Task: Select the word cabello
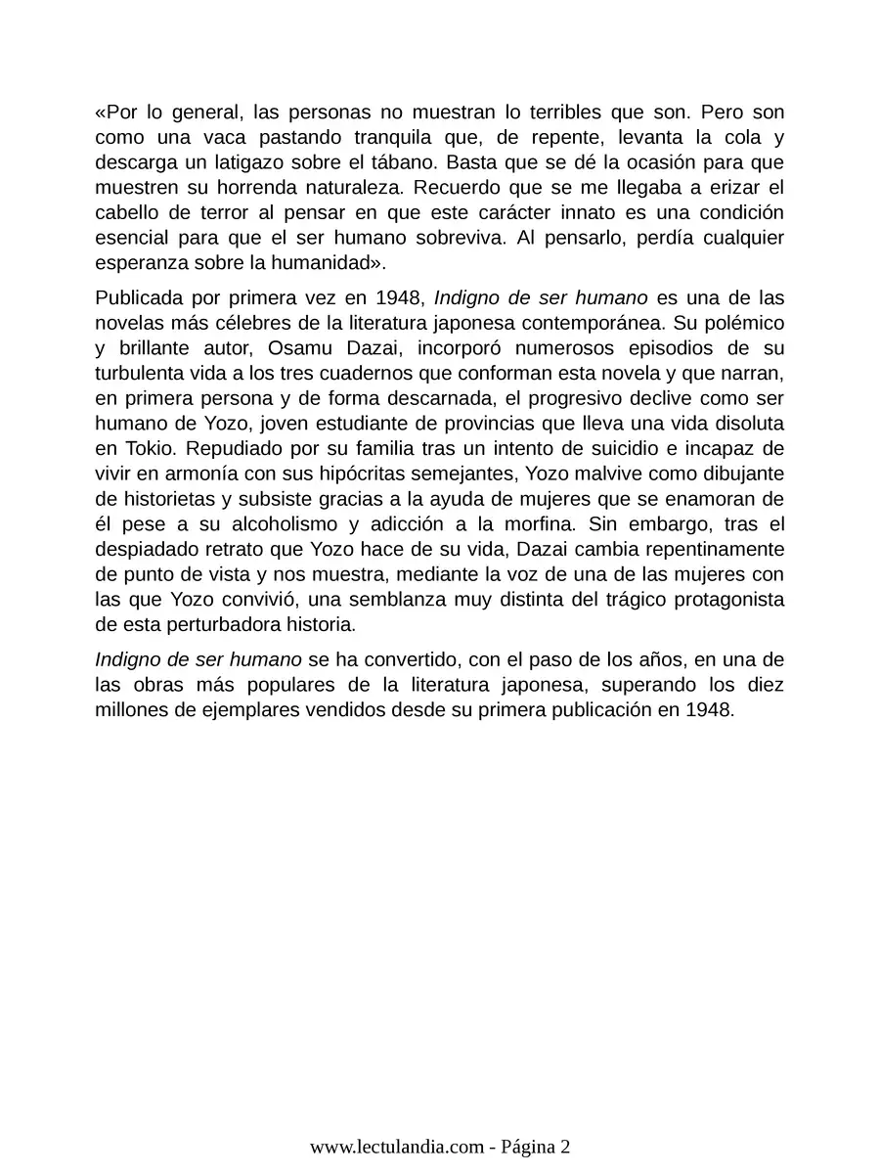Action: point(129,212)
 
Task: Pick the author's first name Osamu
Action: point(298,347)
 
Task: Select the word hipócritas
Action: point(363,474)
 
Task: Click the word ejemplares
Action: point(263,710)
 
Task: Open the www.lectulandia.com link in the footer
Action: point(397,1148)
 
